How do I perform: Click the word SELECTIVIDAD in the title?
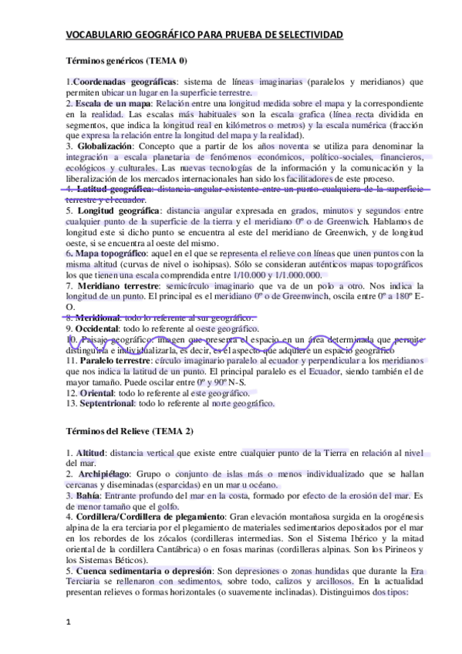309,36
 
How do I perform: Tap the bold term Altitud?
92,451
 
